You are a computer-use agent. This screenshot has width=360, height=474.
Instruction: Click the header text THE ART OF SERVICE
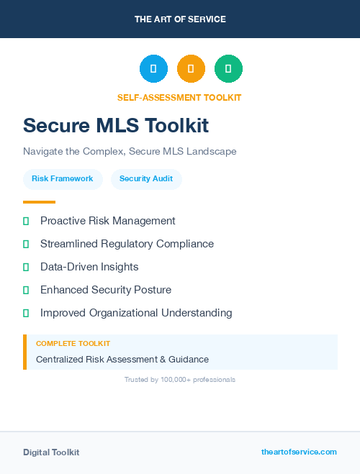click(180, 19)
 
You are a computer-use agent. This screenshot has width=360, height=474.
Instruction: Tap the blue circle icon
click(153, 68)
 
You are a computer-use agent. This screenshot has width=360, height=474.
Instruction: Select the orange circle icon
click(191, 68)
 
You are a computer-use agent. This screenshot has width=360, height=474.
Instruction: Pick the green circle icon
click(228, 68)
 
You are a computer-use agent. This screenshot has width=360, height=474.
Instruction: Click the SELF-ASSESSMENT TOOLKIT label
click(179, 98)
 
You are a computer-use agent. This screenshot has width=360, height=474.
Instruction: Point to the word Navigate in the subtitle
click(44, 152)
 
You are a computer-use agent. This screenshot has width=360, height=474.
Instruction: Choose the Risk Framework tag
click(63, 179)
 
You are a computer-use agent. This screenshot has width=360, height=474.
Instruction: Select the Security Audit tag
click(146, 179)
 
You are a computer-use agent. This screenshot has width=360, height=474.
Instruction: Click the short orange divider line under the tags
click(39, 202)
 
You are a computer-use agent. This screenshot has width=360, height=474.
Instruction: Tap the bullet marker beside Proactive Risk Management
click(26, 221)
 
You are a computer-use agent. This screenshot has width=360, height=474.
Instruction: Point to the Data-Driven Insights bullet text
click(89, 267)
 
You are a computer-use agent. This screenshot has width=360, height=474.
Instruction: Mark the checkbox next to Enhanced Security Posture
click(26, 290)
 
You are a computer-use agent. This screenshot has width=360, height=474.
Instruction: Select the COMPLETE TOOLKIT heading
click(73, 344)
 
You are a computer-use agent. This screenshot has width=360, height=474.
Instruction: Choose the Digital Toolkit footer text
click(51, 452)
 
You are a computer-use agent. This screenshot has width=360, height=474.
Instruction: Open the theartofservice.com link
click(299, 452)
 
